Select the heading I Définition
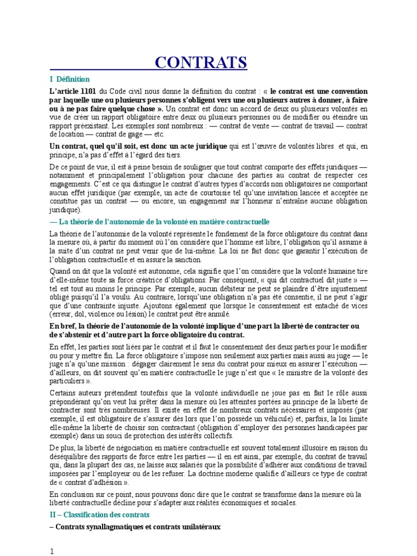tap(69, 79)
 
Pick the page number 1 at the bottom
tap(52, 551)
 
